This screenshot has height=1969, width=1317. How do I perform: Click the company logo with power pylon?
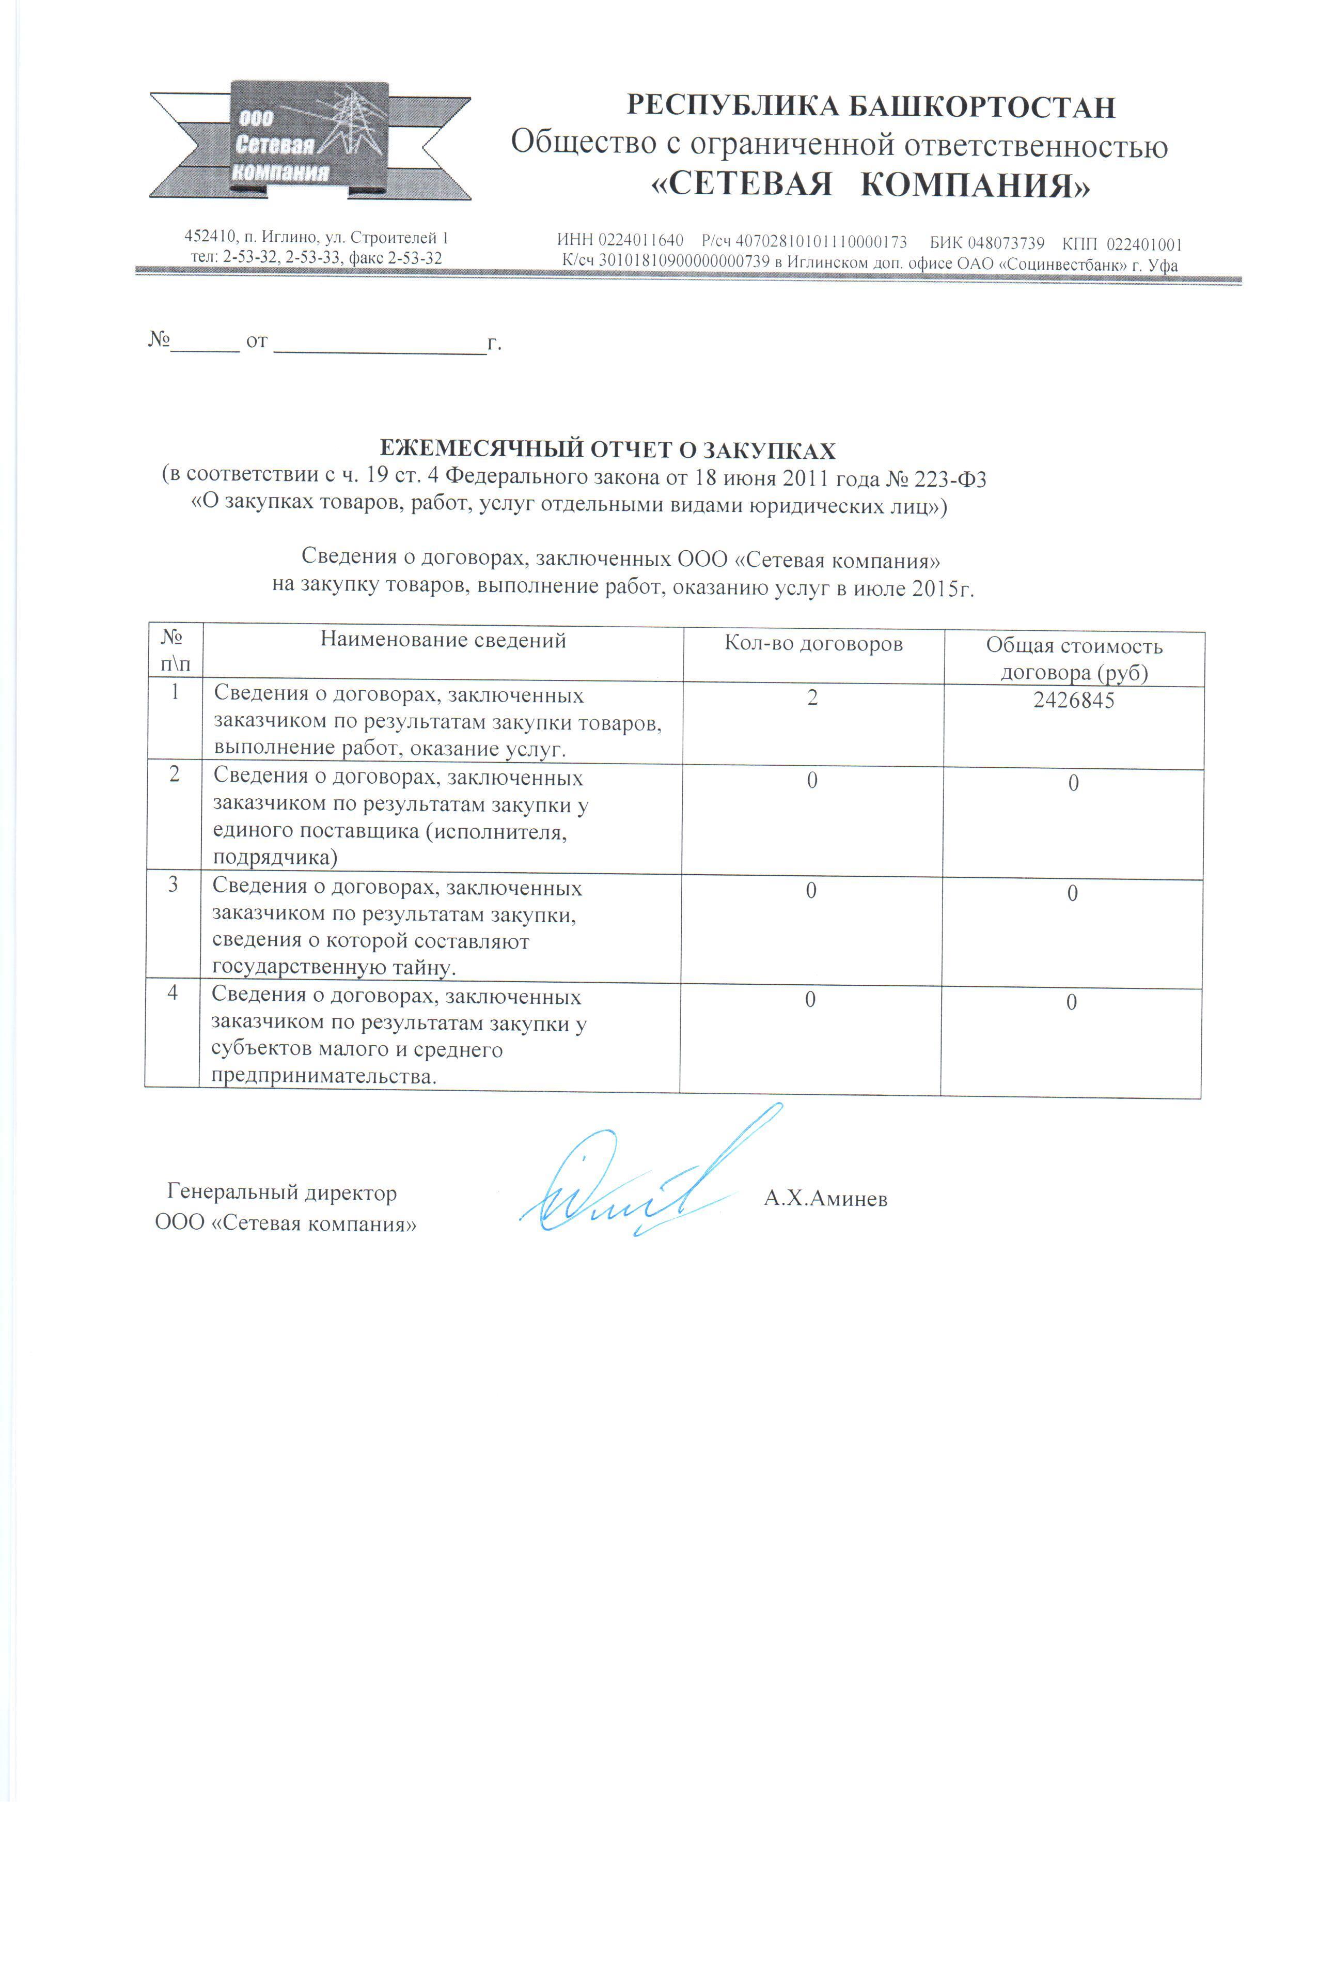point(309,141)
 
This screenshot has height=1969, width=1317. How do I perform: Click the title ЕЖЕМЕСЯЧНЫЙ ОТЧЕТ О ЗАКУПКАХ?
point(607,451)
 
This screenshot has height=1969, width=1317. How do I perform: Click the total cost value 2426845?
point(1073,701)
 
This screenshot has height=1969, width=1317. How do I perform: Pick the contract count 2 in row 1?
point(812,698)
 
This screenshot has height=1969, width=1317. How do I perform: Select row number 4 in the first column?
point(172,993)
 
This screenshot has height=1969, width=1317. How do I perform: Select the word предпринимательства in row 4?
point(322,1076)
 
